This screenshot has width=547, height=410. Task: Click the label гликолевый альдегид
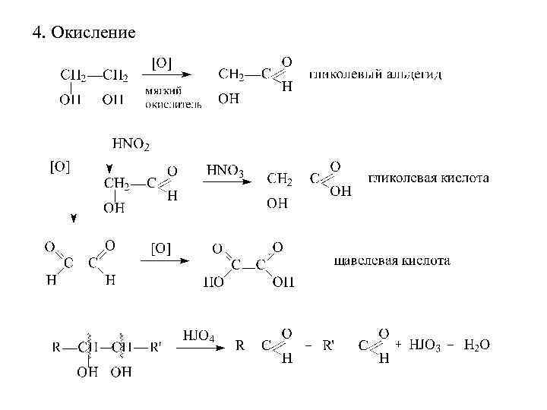[375, 74]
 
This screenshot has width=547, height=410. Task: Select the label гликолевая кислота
[428, 178]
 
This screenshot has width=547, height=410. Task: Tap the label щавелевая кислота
[392, 261]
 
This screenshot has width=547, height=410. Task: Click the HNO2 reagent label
[131, 143]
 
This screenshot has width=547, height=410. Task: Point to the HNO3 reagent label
[225, 172]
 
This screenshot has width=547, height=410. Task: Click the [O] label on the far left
[60, 166]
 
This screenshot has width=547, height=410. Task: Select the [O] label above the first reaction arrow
[161, 63]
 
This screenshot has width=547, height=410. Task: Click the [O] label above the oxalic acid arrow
[161, 248]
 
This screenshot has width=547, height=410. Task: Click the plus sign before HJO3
[398, 345]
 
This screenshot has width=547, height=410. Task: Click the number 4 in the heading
[36, 33]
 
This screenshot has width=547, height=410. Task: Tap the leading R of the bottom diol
[56, 347]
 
